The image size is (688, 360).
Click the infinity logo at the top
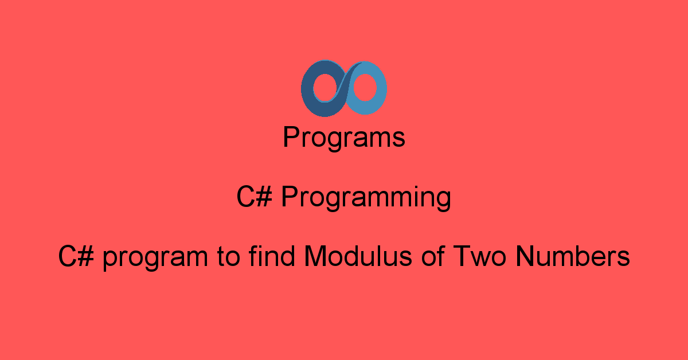click(343, 88)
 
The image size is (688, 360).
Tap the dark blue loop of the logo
click(307, 89)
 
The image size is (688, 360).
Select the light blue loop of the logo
click(381, 88)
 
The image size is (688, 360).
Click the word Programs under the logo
click(344, 138)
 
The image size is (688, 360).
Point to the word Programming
click(366, 198)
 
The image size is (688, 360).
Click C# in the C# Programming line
click(255, 197)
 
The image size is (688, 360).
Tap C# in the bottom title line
click(76, 256)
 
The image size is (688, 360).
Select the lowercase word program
click(155, 260)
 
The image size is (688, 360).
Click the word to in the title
click(228, 257)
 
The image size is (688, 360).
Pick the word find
click(272, 256)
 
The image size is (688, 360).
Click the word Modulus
click(358, 256)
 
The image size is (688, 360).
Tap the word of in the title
click(433, 256)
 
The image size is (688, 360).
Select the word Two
click(479, 256)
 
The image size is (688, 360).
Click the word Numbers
click(573, 256)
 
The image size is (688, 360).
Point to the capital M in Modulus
click(315, 256)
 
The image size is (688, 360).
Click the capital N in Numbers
click(525, 256)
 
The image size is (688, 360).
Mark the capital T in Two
click(462, 256)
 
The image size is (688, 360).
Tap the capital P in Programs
click(291, 136)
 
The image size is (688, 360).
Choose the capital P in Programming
click(290, 196)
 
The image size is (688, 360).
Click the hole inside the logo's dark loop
click(325, 88)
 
